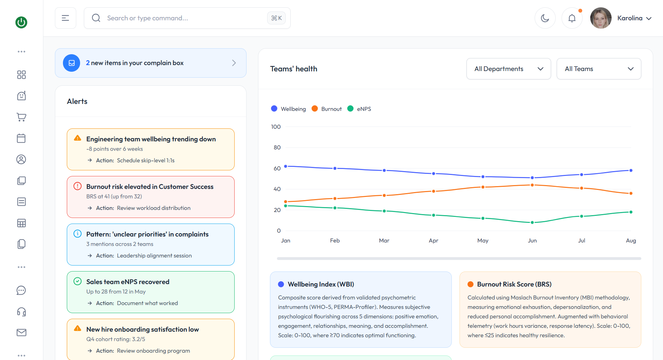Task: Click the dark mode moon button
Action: [545, 18]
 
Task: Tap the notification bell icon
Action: [572, 18]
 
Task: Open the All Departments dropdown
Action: [508, 69]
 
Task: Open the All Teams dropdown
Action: [599, 69]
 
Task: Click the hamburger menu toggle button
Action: [65, 18]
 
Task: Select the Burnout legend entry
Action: [327, 109]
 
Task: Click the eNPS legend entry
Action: [359, 109]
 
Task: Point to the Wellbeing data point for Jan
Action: [286, 166]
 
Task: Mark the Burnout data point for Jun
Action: [532, 185]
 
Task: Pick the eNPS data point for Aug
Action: [631, 212]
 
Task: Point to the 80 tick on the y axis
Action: [277, 148]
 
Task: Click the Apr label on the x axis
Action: [434, 241]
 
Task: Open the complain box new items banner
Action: [151, 63]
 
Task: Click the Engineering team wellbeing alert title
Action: [151, 139]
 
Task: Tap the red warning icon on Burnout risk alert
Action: [78, 186]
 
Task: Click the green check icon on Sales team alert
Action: [78, 281]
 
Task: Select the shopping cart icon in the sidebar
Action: [21, 117]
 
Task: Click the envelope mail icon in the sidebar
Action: [21, 332]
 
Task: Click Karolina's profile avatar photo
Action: [601, 18]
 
